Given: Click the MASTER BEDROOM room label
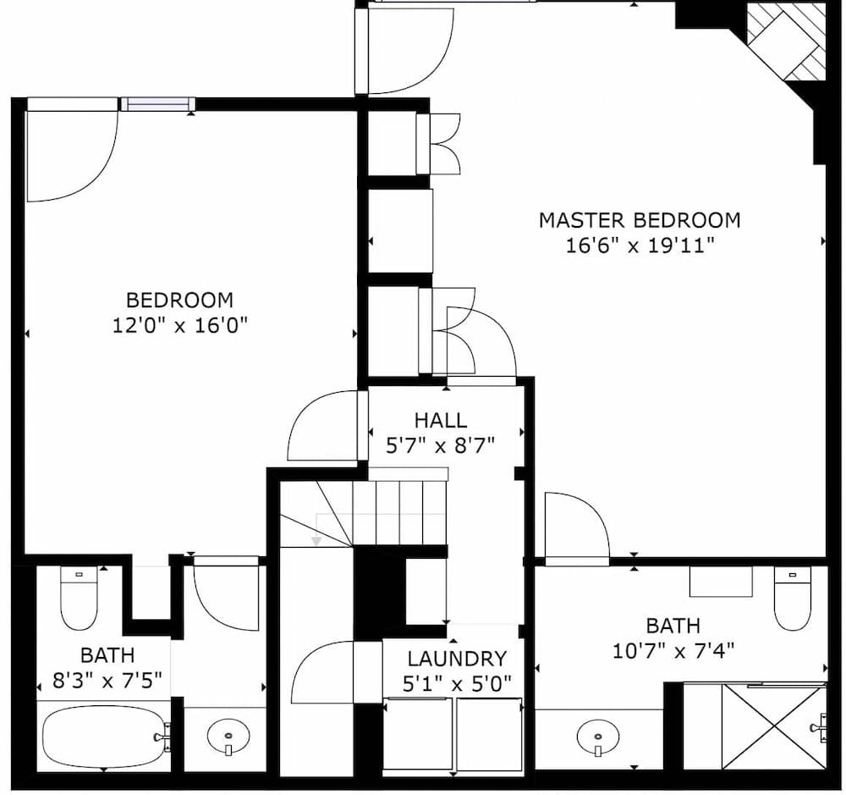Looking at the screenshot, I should click(x=640, y=220).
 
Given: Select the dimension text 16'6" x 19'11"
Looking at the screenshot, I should click(x=640, y=246).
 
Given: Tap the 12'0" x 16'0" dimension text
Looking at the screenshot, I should click(x=179, y=325).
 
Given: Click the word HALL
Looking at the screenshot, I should click(x=440, y=420).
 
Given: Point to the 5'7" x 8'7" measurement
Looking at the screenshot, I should click(x=440, y=445).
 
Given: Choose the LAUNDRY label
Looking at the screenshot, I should click(x=457, y=659).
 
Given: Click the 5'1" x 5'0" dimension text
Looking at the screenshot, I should click(x=457, y=683).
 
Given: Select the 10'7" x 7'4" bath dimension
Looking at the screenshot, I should click(x=673, y=651).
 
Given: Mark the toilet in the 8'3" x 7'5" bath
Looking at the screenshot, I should click(x=79, y=598).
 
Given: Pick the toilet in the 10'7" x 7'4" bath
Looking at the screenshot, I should click(x=793, y=598).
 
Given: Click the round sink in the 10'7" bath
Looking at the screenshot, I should click(x=598, y=737).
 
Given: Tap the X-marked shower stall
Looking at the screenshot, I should click(x=773, y=727).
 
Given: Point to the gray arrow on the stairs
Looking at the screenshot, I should click(x=316, y=538).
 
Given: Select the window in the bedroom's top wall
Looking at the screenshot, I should click(x=157, y=104).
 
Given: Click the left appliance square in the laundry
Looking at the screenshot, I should click(x=418, y=734).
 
